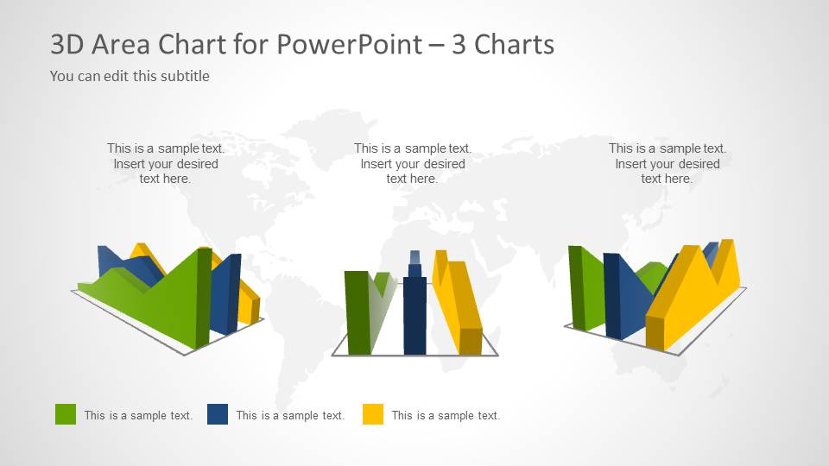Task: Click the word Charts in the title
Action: [x=515, y=44]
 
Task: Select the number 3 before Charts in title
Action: [x=459, y=44]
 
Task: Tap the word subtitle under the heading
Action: [x=183, y=76]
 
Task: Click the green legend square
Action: [x=66, y=414]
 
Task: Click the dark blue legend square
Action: [x=218, y=414]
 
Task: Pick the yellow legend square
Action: [x=373, y=414]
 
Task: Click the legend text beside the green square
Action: [x=138, y=415]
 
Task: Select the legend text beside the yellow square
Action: [x=446, y=415]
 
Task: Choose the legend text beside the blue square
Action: [x=290, y=415]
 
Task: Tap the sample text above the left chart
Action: [x=166, y=164]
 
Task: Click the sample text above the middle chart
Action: [x=413, y=164]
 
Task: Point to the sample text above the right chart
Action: [x=668, y=164]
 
